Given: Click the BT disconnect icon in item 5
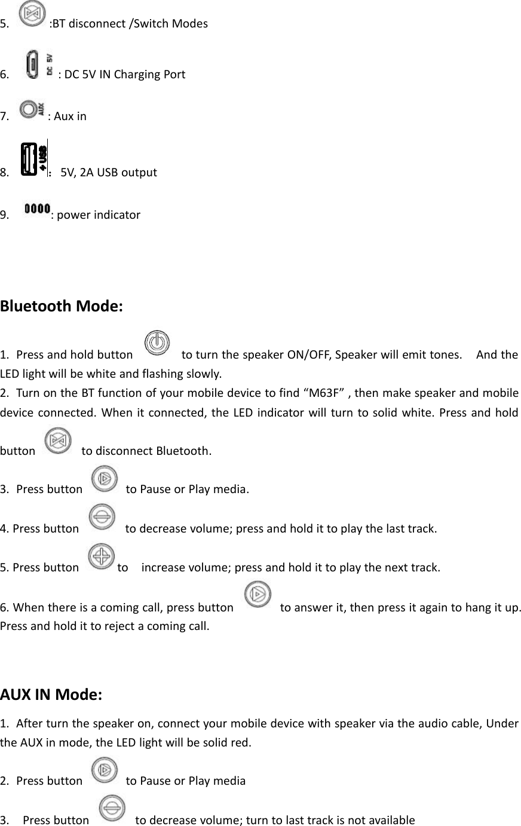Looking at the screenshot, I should (33, 14).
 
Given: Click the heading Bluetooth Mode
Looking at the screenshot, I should (62, 307).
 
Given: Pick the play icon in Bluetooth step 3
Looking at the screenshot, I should (105, 479).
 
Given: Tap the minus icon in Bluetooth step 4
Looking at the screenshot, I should (102, 518).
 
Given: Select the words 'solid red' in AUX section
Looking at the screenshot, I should (230, 744).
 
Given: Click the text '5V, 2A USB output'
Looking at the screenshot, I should (109, 173).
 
